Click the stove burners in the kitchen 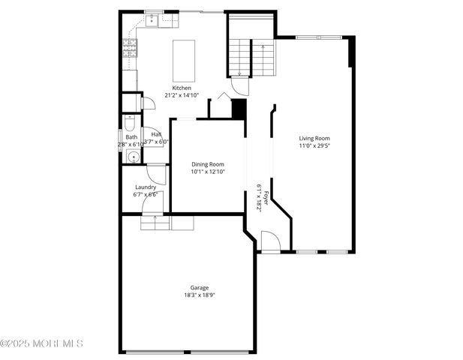(x=130, y=49)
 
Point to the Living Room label (x=314, y=138)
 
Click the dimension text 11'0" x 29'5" (x=314, y=146)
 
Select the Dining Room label (x=207, y=164)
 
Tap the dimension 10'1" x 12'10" (x=207, y=172)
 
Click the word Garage (x=199, y=287)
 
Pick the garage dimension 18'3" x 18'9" (x=199, y=295)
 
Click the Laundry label (x=146, y=187)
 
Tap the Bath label (x=131, y=137)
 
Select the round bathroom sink (x=131, y=157)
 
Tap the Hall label (x=156, y=134)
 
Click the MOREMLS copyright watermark (x=41, y=343)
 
